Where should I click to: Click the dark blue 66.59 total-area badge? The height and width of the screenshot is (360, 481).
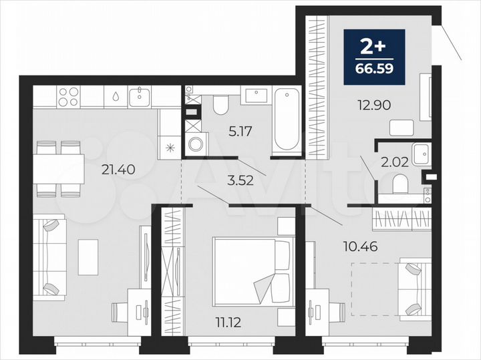(x=374, y=57)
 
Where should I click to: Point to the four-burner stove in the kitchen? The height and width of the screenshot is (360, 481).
(x=68, y=97)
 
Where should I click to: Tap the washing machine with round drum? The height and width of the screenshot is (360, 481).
(x=196, y=144)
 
